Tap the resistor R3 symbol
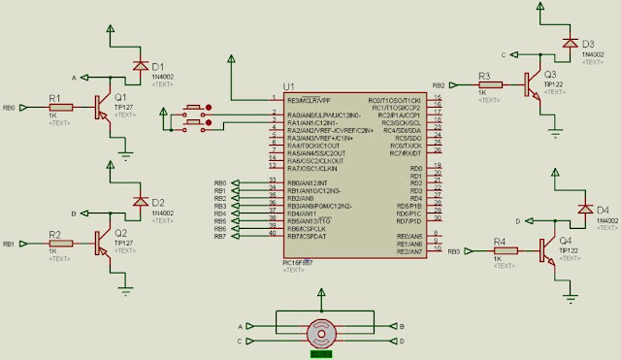point(490,85)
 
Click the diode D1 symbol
point(138,65)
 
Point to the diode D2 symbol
point(138,202)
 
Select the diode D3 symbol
point(569,44)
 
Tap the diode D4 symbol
point(583,209)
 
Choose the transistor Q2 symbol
point(103,245)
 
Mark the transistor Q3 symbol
point(533,85)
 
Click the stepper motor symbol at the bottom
point(321,334)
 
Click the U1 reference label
point(288,87)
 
